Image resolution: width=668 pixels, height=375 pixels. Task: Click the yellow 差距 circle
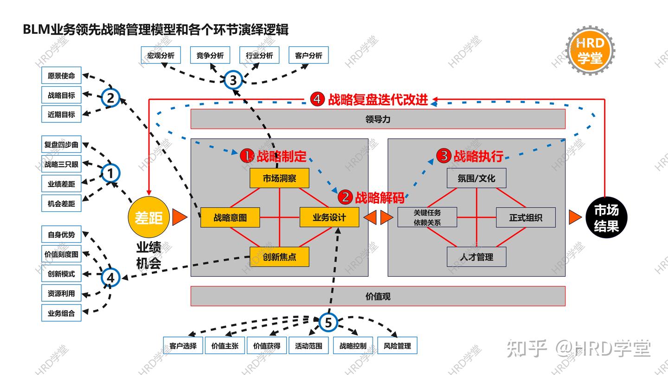coord(148,217)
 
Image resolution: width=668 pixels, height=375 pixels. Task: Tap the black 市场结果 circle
coord(606,217)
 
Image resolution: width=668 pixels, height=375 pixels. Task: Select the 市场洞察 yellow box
coord(279,178)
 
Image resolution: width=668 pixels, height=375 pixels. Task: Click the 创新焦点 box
coord(279,257)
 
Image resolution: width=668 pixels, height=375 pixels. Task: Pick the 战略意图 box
coord(230,218)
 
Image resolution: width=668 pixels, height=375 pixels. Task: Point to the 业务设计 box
coord(329,217)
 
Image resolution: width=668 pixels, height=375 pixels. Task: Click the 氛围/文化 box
coord(476,178)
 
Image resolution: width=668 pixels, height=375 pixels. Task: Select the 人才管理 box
coord(476,257)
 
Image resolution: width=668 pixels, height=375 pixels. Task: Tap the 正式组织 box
coord(526,217)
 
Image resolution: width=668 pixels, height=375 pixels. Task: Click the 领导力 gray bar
coord(378,119)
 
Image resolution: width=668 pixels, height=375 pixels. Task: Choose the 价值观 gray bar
coord(378,296)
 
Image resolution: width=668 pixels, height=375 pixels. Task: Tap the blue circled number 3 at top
coord(233,81)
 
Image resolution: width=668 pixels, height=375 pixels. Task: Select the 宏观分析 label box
coord(161,56)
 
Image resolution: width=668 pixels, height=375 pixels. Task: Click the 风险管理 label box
coord(398,346)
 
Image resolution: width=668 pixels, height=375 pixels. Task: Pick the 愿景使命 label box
coord(61,76)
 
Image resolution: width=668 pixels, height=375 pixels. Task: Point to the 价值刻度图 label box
coord(61,254)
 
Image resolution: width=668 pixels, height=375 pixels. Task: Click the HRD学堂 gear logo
coord(590,50)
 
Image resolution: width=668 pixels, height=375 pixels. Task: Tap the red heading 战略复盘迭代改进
coord(378,100)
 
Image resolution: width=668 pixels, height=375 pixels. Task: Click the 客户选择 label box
coord(183,346)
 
